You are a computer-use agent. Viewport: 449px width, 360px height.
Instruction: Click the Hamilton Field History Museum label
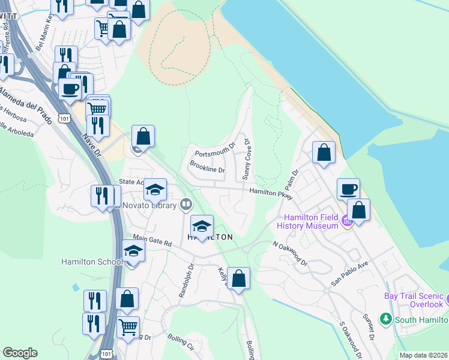click(308, 222)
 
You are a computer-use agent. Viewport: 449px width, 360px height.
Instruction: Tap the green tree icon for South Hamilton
click(386, 319)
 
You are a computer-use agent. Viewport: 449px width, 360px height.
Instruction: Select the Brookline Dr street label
click(207, 169)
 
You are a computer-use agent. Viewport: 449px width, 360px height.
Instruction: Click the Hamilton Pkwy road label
click(271, 193)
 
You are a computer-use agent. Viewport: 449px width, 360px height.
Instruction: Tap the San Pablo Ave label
click(349, 273)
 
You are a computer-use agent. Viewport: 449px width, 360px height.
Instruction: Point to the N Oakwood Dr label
click(289, 254)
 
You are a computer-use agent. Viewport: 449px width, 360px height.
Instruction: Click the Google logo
click(20, 353)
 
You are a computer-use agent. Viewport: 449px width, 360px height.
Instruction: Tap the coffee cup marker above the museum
click(348, 190)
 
